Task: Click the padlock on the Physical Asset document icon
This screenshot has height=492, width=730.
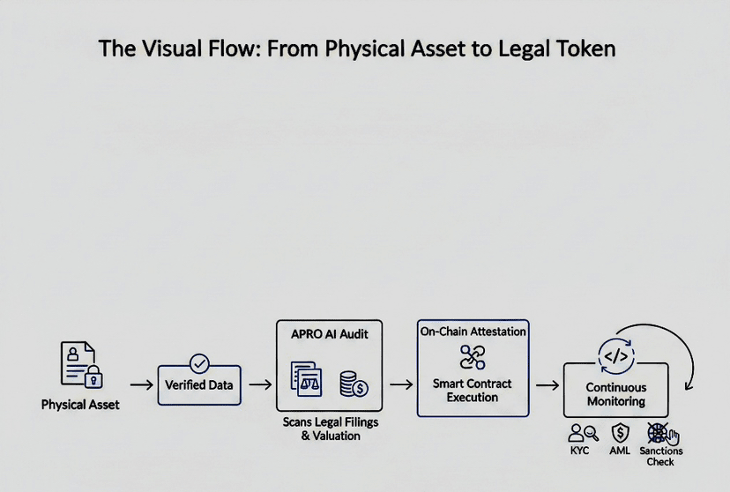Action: pos(93,376)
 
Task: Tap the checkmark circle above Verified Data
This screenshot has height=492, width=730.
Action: pos(199,363)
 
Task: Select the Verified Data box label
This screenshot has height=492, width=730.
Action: pos(198,385)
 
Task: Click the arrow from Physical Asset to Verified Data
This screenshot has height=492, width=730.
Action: pos(142,385)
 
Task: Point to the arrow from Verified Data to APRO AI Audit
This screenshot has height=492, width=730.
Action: pos(260,384)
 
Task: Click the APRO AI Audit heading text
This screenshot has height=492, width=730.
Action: pos(330,334)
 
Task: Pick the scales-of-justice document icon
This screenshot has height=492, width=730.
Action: pos(306,379)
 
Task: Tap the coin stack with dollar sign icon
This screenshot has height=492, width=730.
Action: pos(354,384)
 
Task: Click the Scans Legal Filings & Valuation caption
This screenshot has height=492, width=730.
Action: pos(331,429)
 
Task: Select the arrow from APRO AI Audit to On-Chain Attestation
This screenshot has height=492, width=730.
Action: pos(401,384)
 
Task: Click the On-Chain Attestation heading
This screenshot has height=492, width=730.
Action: pos(473,332)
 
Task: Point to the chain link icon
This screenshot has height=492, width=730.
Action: pos(473,357)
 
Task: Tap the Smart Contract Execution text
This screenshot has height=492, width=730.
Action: pos(472,391)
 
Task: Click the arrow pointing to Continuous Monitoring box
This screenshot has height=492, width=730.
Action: pos(547,385)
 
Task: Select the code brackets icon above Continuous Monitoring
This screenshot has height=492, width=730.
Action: pos(616,357)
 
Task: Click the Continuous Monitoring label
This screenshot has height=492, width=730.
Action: pos(616,394)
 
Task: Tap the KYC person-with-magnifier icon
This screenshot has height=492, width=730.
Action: pos(583,433)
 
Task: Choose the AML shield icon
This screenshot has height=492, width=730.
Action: pos(620,433)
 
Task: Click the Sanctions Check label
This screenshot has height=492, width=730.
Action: pos(660,456)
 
